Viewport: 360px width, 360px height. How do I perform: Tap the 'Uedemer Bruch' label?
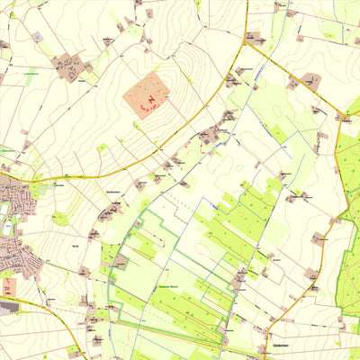tap(170, 285)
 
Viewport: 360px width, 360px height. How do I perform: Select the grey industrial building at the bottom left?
tap(9, 307)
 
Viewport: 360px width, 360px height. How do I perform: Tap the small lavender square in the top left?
tap(38, 37)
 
